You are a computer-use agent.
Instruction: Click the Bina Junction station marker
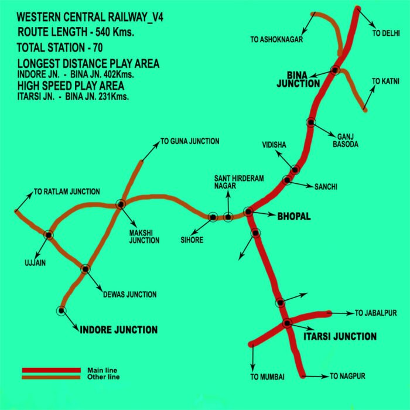[334, 70]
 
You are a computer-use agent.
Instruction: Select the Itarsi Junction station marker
[287, 323]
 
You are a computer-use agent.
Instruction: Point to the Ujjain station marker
[49, 235]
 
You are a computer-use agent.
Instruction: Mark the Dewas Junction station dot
[86, 269]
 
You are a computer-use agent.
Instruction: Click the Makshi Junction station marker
[121, 204]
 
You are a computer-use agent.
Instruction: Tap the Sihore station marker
[213, 217]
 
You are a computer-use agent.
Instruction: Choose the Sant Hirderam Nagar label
[224, 181]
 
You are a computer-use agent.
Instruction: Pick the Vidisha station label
[275, 143]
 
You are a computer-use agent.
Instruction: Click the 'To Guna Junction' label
[190, 141]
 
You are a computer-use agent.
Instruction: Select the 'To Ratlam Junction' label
[67, 192]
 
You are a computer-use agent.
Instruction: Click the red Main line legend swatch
[51, 370]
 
